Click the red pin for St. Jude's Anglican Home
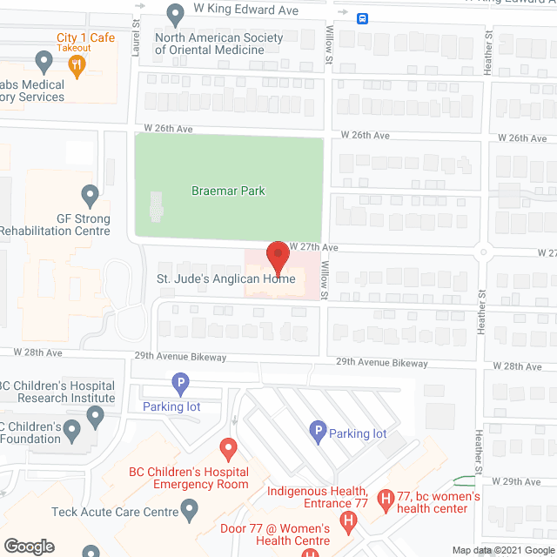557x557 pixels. (278, 257)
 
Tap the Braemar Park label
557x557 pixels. (229, 191)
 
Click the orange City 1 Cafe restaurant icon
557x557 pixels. (77, 65)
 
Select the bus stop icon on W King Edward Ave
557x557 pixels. (362, 17)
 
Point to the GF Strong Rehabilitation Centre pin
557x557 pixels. (90, 194)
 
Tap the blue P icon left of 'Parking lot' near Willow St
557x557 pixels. (318, 430)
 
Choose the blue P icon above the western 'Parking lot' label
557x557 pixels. (180, 382)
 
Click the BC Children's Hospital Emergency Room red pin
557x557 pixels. (229, 449)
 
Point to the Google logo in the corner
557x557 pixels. (29, 547)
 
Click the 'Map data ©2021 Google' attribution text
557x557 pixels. (503, 550)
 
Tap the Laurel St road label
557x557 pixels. (137, 39)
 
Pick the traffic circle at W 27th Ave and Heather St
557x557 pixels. (483, 252)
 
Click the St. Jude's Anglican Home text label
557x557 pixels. (225, 279)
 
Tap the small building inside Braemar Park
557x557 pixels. (156, 206)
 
